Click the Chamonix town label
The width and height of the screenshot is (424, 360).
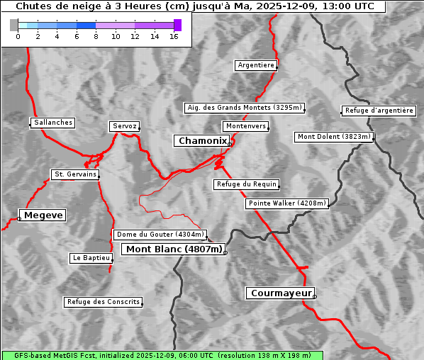[202, 141]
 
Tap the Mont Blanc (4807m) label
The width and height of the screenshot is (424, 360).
[174, 249]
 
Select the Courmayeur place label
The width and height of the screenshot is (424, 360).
[280, 293]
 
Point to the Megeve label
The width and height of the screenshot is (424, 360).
[43, 215]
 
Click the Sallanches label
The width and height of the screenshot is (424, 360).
[53, 123]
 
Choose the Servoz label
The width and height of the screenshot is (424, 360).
[125, 126]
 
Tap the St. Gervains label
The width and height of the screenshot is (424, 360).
[74, 174]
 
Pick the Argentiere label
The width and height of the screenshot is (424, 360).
[256, 65]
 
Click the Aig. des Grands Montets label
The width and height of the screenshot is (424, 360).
[245, 108]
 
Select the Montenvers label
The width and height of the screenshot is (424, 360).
[245, 126]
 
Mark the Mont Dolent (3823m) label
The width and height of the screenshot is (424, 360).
[333, 137]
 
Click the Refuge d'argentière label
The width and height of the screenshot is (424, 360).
[379, 111]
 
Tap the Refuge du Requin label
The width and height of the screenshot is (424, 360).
[246, 184]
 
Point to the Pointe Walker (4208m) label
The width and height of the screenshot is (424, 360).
[287, 203]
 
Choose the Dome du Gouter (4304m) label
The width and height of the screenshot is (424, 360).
[160, 235]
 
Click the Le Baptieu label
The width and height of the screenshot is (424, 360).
[91, 258]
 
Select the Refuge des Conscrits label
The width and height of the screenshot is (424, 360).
[104, 302]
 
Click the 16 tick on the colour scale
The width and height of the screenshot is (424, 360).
[174, 36]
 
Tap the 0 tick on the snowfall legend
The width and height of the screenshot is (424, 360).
[18, 36]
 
